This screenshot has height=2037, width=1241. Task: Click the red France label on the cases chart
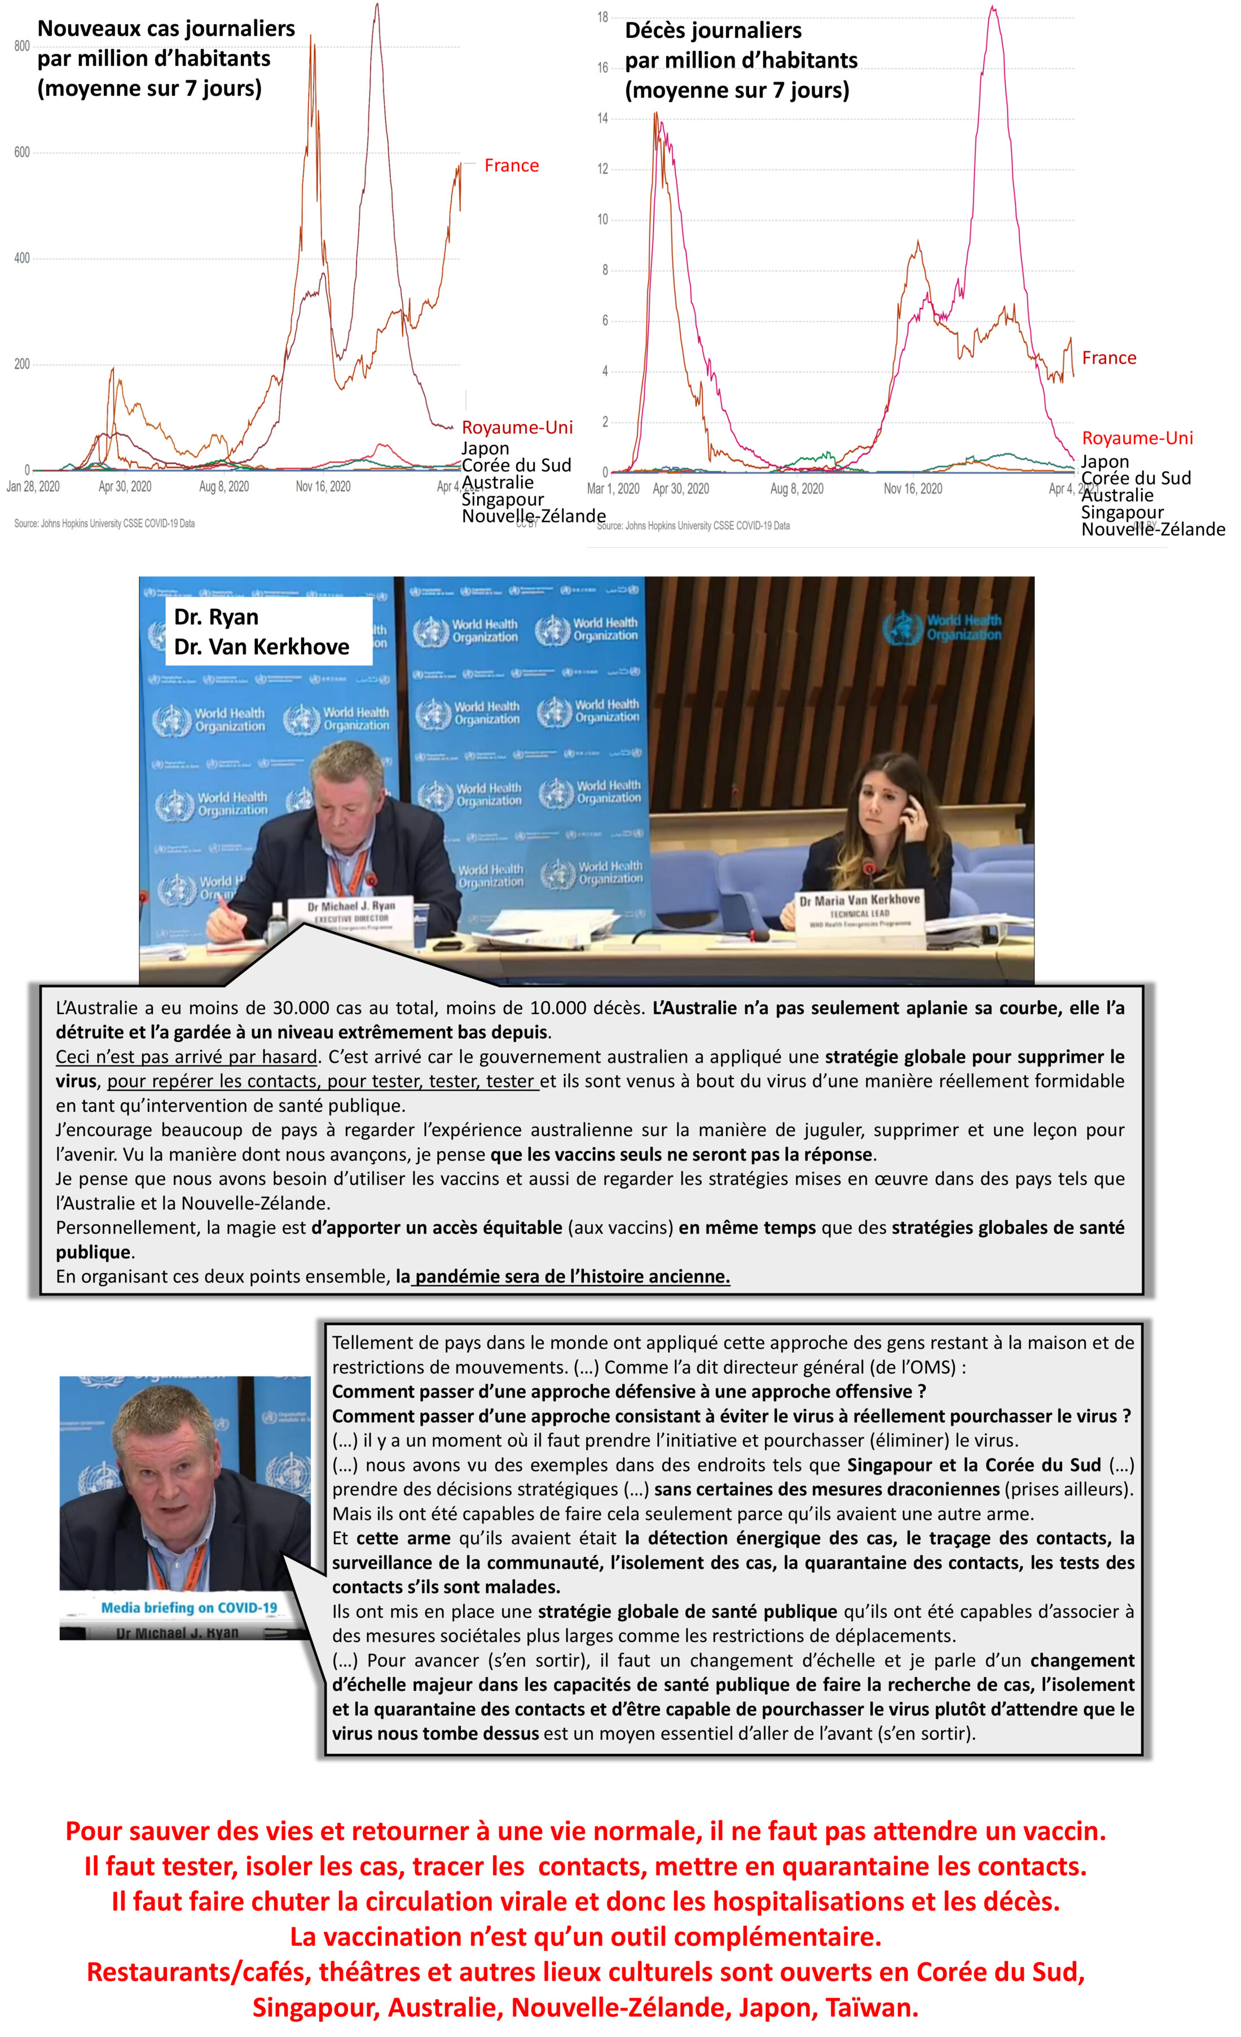(511, 165)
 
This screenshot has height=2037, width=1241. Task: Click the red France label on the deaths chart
(1108, 358)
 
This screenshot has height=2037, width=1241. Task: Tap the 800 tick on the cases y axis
(23, 46)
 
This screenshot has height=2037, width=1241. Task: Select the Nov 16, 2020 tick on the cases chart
(323, 487)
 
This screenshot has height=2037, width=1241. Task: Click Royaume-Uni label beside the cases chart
(517, 428)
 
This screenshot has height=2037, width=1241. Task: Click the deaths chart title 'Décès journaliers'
(712, 30)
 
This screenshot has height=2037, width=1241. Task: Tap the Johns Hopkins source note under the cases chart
(105, 523)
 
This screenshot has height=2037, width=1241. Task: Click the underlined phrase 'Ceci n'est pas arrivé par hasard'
(187, 1057)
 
